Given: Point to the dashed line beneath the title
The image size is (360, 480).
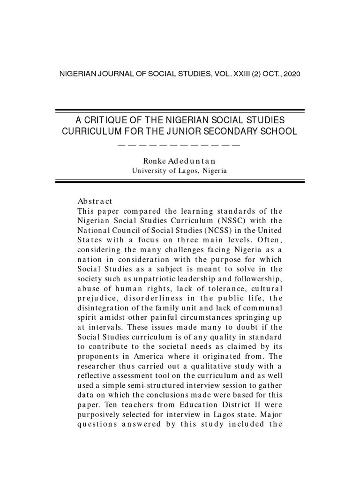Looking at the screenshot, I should pyautogui.click(x=180, y=145).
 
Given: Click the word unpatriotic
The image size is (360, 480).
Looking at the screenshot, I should pyautogui.click(x=128, y=278).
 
